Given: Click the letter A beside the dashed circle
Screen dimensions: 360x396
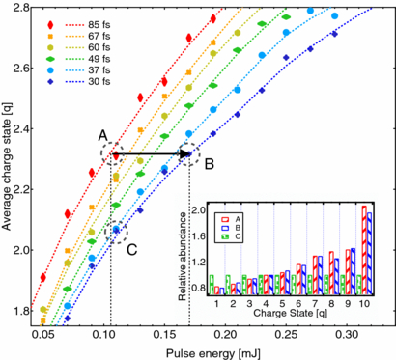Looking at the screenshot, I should tap(103, 136).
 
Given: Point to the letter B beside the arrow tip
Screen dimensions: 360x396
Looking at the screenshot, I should tap(209, 164).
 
